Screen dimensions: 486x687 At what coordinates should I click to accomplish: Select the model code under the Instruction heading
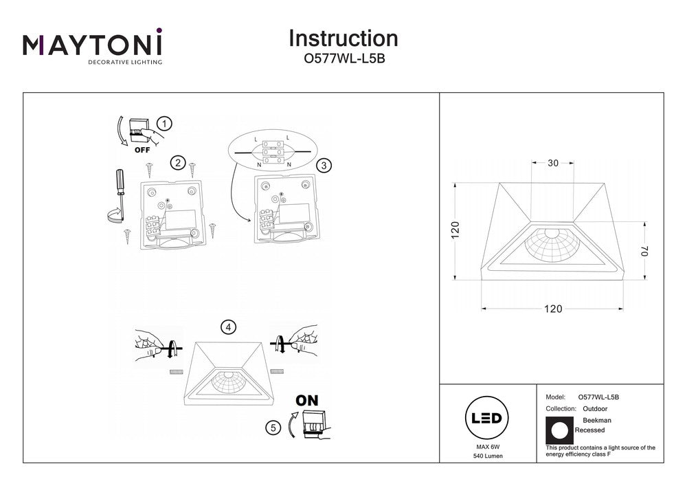[343, 59]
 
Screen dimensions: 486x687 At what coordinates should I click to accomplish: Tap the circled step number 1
[164, 124]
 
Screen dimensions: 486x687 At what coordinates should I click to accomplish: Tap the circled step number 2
[178, 163]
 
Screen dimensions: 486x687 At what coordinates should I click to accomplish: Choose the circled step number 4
[227, 327]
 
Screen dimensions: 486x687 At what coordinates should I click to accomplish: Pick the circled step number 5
[273, 428]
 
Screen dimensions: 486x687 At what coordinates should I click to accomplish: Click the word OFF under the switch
[142, 149]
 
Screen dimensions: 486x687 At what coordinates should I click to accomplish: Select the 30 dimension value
[553, 164]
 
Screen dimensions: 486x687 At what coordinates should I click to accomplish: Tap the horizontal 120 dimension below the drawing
[553, 309]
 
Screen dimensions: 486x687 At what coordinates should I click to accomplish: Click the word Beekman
[596, 420]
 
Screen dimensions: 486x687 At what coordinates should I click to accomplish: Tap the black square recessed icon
[559, 430]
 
